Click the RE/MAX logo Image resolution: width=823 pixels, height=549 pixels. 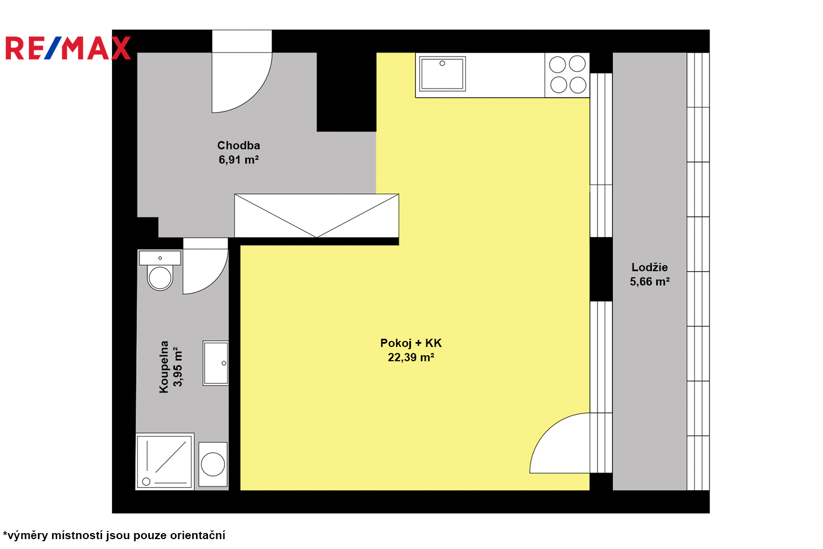[x=68, y=48]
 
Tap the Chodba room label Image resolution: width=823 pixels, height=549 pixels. [x=239, y=145]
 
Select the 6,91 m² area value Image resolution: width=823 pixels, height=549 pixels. [x=239, y=160]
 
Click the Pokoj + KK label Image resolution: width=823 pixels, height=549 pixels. [x=411, y=343]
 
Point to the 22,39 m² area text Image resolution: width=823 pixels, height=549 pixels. [x=411, y=357]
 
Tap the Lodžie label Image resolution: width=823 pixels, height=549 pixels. [x=650, y=267]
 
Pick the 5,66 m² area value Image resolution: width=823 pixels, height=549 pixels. [x=650, y=282]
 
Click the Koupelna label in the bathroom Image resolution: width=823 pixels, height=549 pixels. [x=164, y=367]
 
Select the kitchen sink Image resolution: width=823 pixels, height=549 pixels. [x=442, y=74]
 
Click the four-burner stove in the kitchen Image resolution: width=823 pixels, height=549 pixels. [x=567, y=75]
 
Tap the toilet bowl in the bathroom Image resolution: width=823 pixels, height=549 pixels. [x=160, y=278]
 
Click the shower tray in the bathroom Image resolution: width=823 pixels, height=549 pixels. [x=165, y=462]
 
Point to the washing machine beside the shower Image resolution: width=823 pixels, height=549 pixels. [x=213, y=464]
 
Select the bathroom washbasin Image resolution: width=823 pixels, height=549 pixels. [x=216, y=363]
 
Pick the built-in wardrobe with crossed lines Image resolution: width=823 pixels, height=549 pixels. [x=317, y=216]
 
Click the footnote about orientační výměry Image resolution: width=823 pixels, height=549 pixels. [x=114, y=535]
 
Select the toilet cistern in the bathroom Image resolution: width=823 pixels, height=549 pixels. [x=160, y=258]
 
